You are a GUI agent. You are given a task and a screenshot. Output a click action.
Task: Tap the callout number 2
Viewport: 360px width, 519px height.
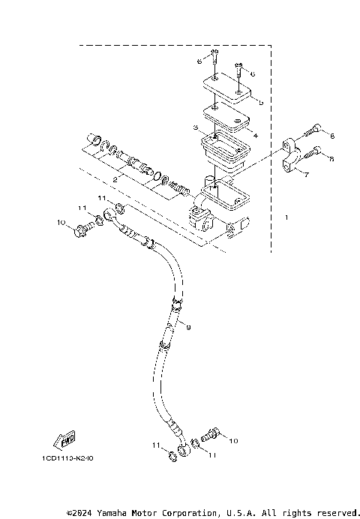(115, 180)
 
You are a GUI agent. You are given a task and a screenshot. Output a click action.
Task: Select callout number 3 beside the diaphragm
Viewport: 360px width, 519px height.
(195, 129)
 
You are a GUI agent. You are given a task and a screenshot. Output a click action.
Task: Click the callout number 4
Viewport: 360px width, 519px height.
(256, 136)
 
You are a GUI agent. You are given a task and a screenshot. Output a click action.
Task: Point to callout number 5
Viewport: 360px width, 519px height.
(259, 102)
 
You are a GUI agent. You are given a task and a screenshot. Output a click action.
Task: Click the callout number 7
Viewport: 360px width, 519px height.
(306, 172)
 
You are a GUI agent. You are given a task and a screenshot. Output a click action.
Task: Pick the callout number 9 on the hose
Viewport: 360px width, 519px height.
(188, 327)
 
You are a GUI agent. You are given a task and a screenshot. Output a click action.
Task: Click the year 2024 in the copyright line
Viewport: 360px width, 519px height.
(80, 512)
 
